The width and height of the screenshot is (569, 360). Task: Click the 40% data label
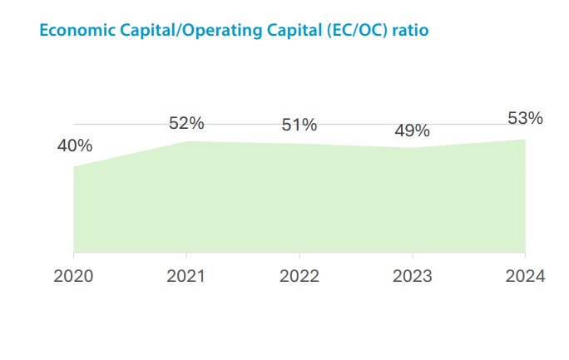75,146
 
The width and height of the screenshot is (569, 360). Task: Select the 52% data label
186,123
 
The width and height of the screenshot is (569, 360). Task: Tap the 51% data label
299,126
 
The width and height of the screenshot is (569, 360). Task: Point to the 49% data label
412,131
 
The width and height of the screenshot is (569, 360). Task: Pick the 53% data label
525,118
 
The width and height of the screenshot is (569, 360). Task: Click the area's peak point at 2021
186,141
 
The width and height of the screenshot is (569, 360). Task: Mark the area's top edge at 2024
525,139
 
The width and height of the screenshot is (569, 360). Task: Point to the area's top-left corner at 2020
74,167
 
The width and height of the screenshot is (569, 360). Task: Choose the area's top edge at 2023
412,148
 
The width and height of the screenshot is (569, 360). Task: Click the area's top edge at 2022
299,144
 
